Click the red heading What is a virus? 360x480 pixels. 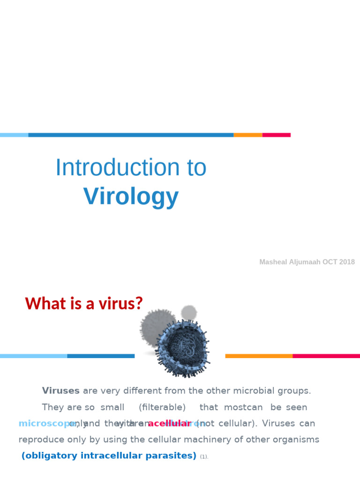click(84, 304)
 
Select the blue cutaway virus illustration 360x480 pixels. click(183, 347)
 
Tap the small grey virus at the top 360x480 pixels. click(189, 312)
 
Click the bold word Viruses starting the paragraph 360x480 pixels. click(60, 390)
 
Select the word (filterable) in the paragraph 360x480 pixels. click(162, 407)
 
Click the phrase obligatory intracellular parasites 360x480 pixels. click(109, 456)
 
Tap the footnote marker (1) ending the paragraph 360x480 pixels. click(203, 457)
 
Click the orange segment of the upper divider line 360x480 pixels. click(247, 135)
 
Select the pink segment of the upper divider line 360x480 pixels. click(276, 135)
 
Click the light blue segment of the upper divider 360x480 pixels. click(14, 135)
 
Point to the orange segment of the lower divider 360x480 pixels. click(259, 356)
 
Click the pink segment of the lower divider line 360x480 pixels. click(326, 356)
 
